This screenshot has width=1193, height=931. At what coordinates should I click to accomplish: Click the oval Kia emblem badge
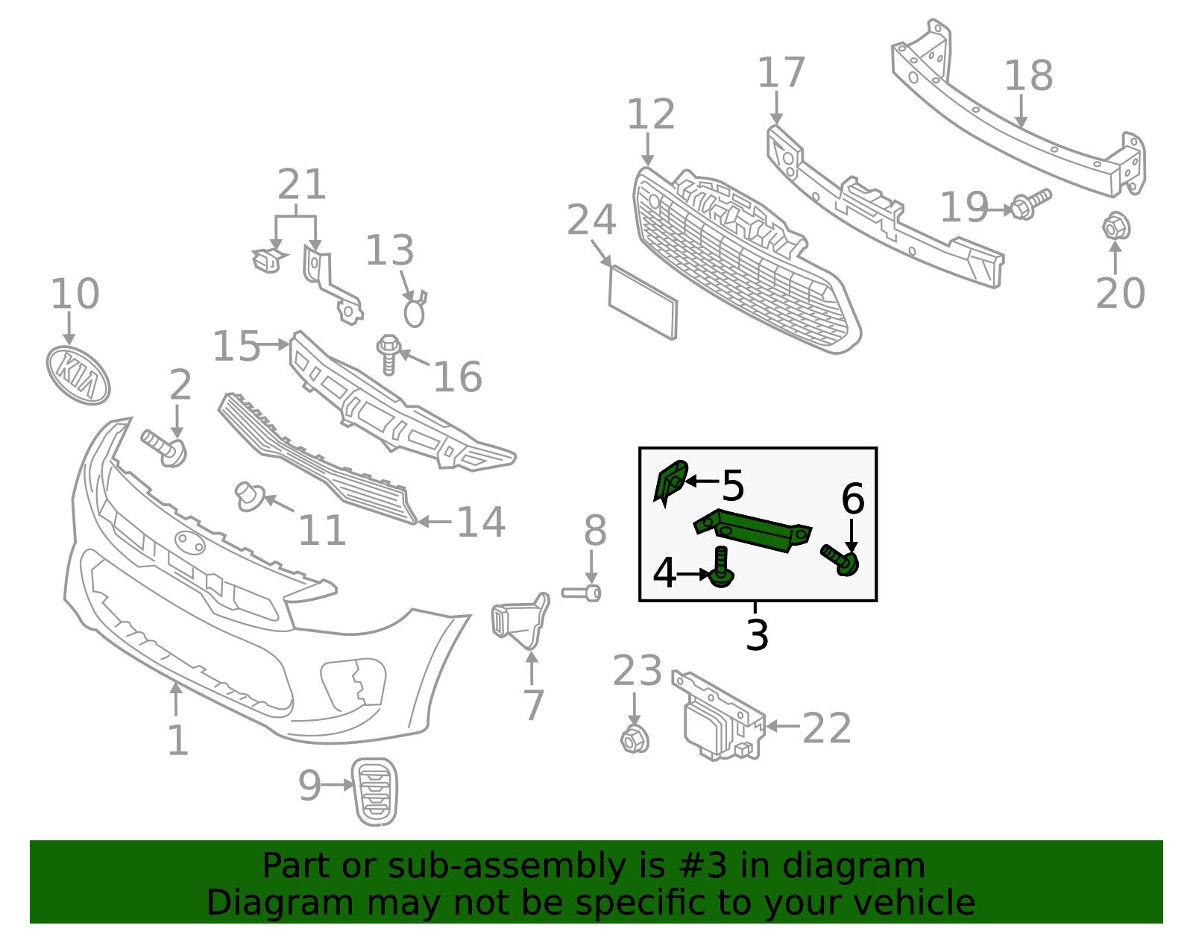coord(78,375)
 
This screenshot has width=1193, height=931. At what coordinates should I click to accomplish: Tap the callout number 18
coord(1028,76)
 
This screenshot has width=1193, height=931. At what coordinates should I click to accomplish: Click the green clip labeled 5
coord(670,482)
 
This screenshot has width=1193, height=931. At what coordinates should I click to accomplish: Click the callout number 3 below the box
coord(757,636)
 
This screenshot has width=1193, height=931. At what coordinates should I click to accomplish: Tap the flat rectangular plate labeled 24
coord(643,302)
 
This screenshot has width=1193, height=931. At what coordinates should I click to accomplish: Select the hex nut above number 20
coord(1115,226)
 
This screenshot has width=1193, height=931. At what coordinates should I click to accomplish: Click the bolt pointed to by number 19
coord(1030,203)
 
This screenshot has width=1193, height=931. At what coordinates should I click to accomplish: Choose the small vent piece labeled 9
coord(374,792)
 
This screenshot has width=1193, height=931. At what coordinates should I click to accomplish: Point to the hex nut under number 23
coord(635,739)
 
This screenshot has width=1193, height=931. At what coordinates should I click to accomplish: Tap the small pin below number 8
coord(582,593)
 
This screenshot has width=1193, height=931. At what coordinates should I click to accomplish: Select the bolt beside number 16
coord(388,354)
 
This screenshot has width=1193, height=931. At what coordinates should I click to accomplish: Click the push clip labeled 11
coord(248,495)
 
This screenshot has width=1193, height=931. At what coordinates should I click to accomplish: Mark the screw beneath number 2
coord(165,447)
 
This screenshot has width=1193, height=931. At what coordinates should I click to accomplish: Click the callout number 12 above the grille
coord(651,115)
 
